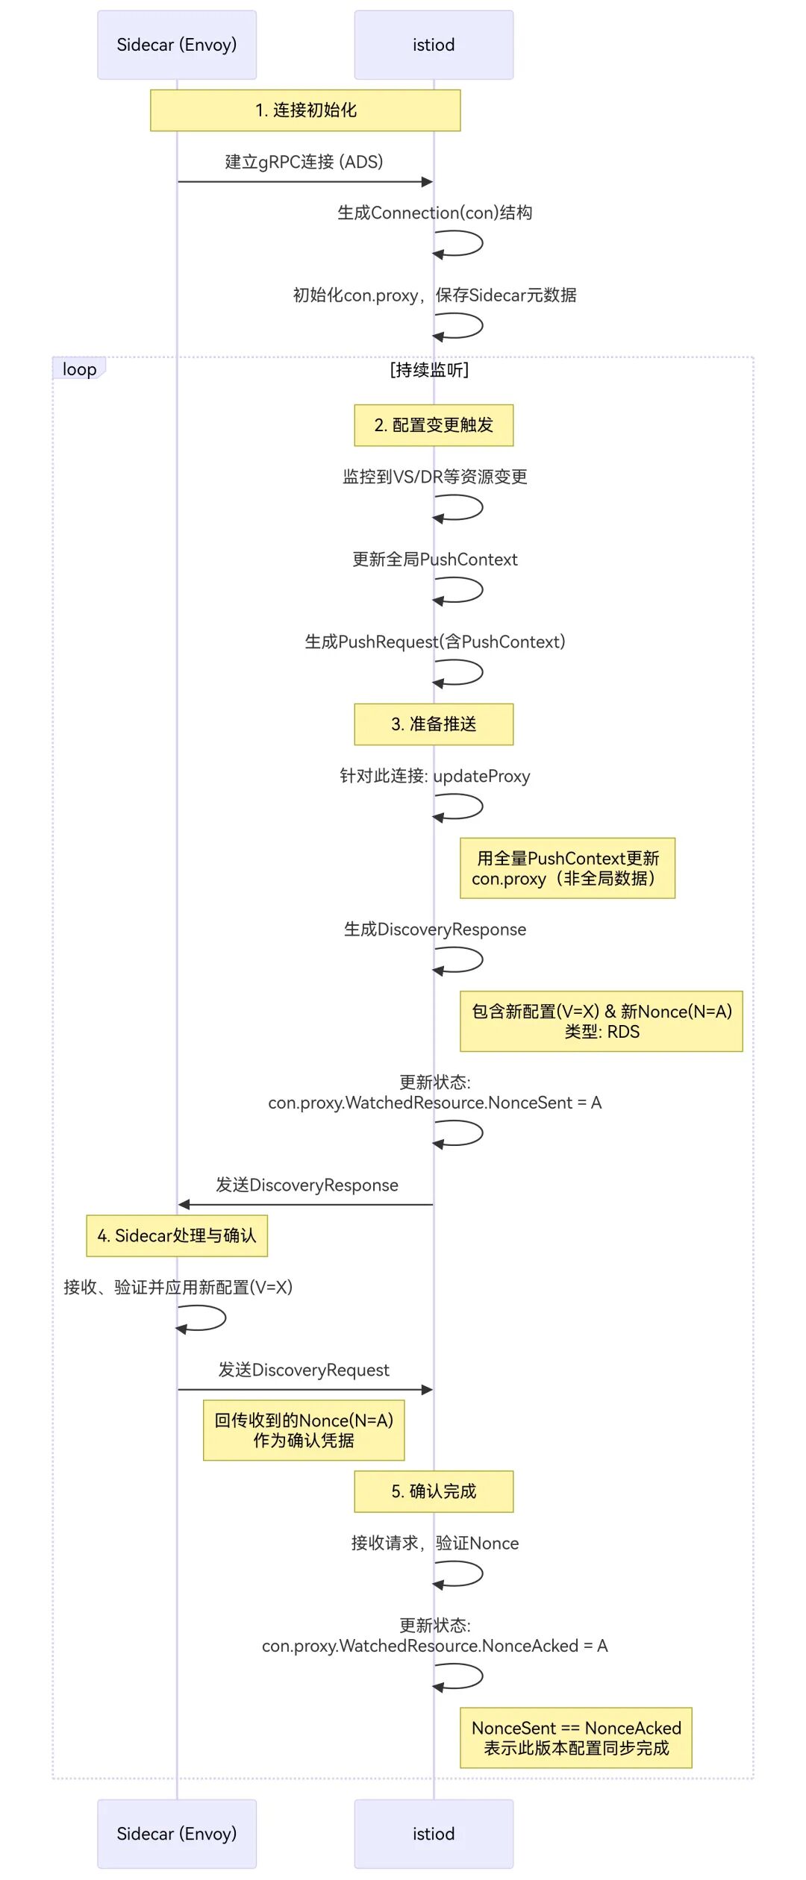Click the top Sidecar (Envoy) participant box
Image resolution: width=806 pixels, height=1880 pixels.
(x=177, y=45)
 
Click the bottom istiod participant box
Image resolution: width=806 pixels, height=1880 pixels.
(x=434, y=1833)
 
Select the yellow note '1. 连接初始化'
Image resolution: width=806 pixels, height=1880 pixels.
(x=305, y=110)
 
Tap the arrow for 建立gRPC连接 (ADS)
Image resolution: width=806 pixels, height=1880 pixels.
(x=305, y=181)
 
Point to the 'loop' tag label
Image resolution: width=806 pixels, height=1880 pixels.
(x=79, y=369)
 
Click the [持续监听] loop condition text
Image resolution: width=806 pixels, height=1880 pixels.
(x=429, y=370)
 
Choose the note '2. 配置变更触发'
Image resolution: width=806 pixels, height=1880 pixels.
(x=434, y=425)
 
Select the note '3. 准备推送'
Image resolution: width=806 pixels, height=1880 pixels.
(x=434, y=724)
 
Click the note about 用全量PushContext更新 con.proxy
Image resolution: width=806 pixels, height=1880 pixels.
(x=567, y=868)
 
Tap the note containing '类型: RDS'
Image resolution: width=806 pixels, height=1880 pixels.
(x=602, y=1021)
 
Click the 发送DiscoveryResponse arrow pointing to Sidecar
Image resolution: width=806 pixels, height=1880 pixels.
(x=305, y=1205)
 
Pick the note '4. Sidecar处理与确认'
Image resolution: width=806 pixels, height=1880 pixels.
(x=177, y=1236)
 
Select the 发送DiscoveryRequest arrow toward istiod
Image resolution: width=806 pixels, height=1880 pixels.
(x=305, y=1390)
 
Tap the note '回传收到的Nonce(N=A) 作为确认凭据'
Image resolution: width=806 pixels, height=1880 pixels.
(x=304, y=1430)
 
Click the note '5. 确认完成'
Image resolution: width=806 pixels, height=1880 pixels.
(x=434, y=1491)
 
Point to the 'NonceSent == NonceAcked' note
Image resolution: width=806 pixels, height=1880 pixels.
(x=576, y=1738)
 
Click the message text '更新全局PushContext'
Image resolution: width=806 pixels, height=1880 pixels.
(x=434, y=560)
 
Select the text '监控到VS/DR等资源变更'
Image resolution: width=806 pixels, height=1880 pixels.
(x=434, y=477)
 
